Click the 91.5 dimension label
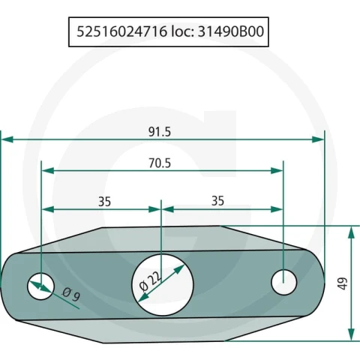(160, 132)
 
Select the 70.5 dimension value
(160, 163)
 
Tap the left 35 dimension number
(104, 202)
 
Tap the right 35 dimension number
(217, 201)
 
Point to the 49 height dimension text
(343, 283)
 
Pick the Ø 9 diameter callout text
(71, 294)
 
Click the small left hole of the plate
(40, 286)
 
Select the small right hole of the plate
(284, 282)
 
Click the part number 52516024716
(121, 31)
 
